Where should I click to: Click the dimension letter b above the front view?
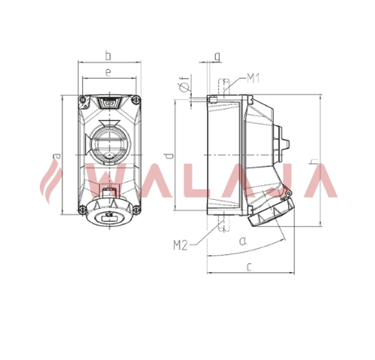(x=108, y=55)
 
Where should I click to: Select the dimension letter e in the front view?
(x=108, y=72)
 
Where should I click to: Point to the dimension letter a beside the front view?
(x=56, y=156)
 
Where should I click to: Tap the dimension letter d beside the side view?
(x=170, y=156)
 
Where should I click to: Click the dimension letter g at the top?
(x=218, y=57)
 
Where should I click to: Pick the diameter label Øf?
(x=184, y=83)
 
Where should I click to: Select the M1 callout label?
(x=253, y=79)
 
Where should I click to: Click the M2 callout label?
(x=180, y=245)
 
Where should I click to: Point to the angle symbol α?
(x=243, y=240)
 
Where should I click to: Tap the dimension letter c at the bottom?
(x=249, y=267)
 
